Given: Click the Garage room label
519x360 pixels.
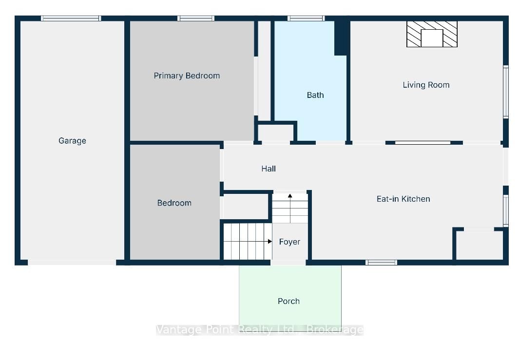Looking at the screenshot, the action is (x=72, y=141).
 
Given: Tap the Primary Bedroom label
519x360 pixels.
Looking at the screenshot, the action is (x=187, y=76).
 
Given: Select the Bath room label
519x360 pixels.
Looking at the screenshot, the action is (x=315, y=95).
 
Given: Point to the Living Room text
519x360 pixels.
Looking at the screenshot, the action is (x=426, y=85).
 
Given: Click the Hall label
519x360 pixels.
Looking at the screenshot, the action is (x=269, y=169).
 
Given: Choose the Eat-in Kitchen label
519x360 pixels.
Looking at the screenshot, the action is (x=403, y=199).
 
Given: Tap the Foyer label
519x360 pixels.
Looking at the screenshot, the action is (x=289, y=242).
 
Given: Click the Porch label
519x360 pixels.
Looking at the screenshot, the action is (x=288, y=301).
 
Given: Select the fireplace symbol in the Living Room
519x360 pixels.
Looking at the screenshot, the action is (x=432, y=34).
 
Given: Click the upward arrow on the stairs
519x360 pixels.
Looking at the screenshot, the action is (x=290, y=208).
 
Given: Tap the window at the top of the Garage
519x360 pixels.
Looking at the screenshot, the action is (x=71, y=19).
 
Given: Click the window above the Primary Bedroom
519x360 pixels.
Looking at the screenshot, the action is (x=195, y=19).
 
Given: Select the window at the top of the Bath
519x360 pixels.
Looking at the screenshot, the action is (x=306, y=19).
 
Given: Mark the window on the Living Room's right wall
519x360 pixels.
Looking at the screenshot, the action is (x=506, y=92).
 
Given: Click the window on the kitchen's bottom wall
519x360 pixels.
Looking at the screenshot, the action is (x=381, y=263).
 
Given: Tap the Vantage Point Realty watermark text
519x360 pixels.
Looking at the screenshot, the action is (x=259, y=330).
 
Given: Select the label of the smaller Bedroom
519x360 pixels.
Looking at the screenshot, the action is (x=174, y=203).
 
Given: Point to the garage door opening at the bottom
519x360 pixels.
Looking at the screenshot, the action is (x=72, y=263).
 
